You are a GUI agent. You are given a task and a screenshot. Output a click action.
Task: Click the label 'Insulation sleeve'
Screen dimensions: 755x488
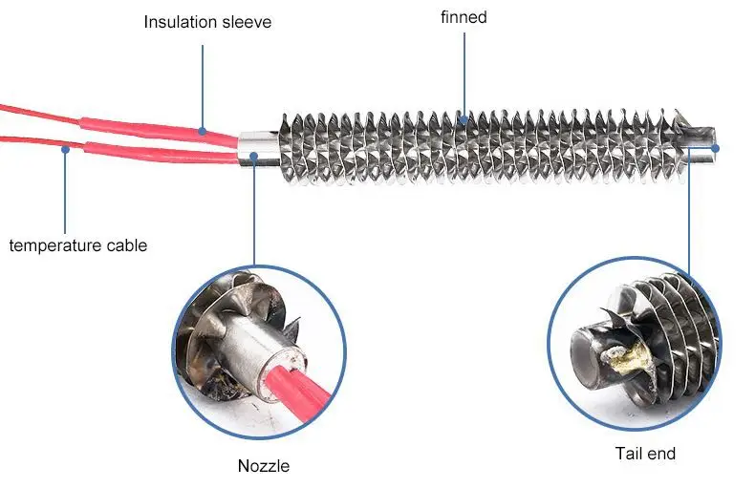tap(207, 22)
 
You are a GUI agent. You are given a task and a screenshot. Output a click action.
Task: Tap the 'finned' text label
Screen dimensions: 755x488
tap(464, 17)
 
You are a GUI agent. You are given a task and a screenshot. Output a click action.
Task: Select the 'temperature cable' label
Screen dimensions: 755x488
tap(78, 245)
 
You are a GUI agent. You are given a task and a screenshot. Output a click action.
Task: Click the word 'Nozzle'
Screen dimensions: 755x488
tap(264, 466)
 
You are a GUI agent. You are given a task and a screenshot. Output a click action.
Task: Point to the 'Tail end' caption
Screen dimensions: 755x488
tap(645, 454)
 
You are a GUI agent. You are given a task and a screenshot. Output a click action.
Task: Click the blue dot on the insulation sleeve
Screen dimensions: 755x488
tap(203, 131)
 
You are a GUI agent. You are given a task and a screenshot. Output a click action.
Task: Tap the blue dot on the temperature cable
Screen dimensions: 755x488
tap(66, 149)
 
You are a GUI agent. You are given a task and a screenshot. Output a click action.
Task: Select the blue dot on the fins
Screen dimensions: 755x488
tap(464, 118)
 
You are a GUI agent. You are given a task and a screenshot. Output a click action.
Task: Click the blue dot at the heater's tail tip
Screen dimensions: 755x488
tap(716, 148)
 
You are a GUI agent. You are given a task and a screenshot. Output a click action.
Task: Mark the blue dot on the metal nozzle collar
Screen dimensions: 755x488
tap(254, 156)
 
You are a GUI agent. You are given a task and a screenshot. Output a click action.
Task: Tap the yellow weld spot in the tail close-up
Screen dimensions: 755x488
tap(627, 357)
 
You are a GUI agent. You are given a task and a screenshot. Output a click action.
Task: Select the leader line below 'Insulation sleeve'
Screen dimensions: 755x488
tap(203, 87)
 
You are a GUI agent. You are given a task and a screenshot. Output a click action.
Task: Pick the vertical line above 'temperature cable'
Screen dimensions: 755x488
tap(65, 193)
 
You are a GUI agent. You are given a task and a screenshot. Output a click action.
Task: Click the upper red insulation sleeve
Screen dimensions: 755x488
tap(159, 130)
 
